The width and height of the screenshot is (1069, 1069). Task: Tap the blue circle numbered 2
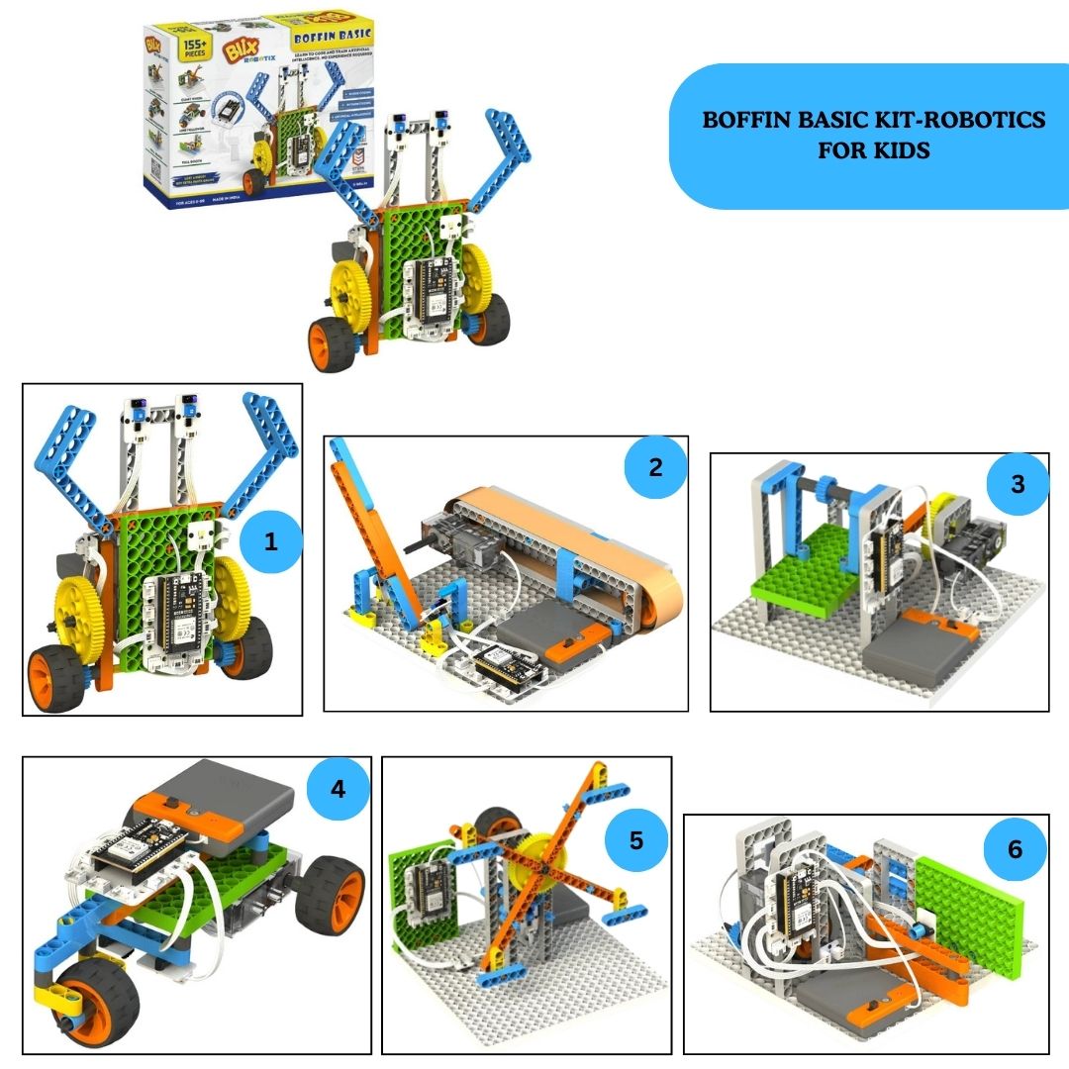[655, 467]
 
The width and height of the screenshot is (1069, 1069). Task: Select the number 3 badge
[1017, 484]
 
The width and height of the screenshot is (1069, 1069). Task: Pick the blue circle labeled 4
[338, 789]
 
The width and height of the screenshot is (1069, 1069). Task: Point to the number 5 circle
[636, 840]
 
